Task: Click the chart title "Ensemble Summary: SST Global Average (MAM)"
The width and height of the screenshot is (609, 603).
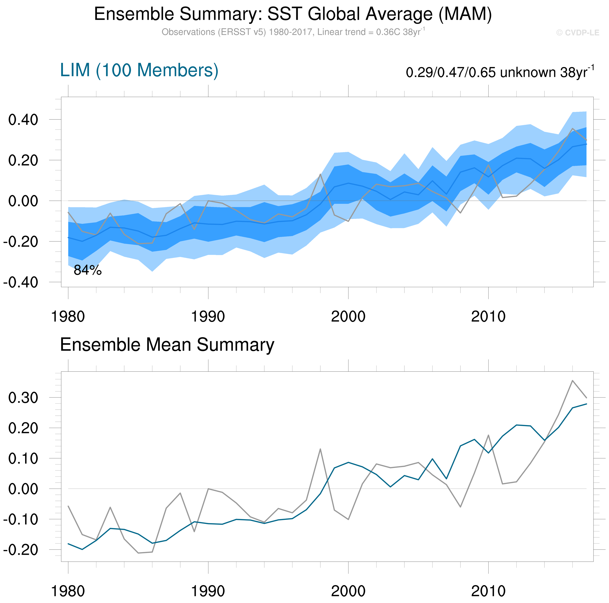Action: (293, 14)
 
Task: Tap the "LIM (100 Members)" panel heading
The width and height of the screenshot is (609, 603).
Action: (139, 70)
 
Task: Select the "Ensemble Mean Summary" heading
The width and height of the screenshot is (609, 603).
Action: (167, 345)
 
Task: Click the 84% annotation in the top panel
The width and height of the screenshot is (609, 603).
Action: (88, 270)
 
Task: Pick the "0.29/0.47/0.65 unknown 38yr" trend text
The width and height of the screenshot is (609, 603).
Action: (500, 72)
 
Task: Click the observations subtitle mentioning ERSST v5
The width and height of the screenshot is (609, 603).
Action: (293, 32)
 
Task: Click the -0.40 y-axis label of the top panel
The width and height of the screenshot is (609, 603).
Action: (20, 282)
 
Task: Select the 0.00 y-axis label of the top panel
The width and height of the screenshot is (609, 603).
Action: (23, 201)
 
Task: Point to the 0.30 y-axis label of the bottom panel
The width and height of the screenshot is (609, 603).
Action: (23, 398)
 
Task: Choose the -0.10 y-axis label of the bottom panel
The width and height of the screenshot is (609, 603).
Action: (20, 519)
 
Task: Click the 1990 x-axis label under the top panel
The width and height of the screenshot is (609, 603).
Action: (208, 317)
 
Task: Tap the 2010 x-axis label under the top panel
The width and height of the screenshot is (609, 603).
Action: (488, 317)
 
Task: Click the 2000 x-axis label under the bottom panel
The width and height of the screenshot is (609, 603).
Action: (348, 591)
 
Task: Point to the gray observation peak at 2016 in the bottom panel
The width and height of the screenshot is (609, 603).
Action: (573, 380)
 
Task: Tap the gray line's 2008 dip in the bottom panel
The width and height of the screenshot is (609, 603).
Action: (460, 507)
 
